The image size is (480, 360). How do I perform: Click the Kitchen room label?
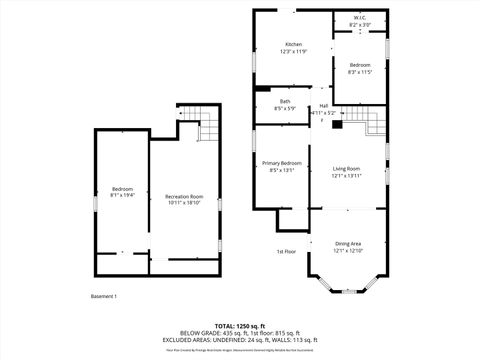click(x=293, y=45)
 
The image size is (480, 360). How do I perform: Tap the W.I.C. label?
click(x=360, y=18)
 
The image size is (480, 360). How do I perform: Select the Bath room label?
click(x=285, y=101)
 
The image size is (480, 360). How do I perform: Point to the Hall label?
click(x=324, y=106)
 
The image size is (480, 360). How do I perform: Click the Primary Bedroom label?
click(x=282, y=163)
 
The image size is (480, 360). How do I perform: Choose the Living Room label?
click(x=346, y=169)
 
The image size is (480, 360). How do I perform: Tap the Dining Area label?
click(x=347, y=244)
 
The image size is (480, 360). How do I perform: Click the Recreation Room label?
click(x=184, y=196)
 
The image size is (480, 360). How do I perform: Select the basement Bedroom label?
click(x=122, y=190)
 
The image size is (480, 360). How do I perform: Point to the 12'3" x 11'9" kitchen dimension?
click(x=293, y=52)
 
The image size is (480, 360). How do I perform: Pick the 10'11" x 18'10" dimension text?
click(x=184, y=203)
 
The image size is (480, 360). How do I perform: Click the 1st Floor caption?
click(x=287, y=251)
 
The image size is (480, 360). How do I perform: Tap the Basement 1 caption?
click(x=104, y=296)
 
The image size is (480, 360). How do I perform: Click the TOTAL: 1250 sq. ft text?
click(x=241, y=326)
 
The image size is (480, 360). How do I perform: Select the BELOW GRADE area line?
click(x=241, y=333)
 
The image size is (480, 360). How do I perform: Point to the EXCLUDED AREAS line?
click(x=241, y=340)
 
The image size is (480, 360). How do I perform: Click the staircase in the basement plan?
click(x=210, y=124)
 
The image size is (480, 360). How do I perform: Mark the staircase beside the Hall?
click(x=372, y=122)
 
